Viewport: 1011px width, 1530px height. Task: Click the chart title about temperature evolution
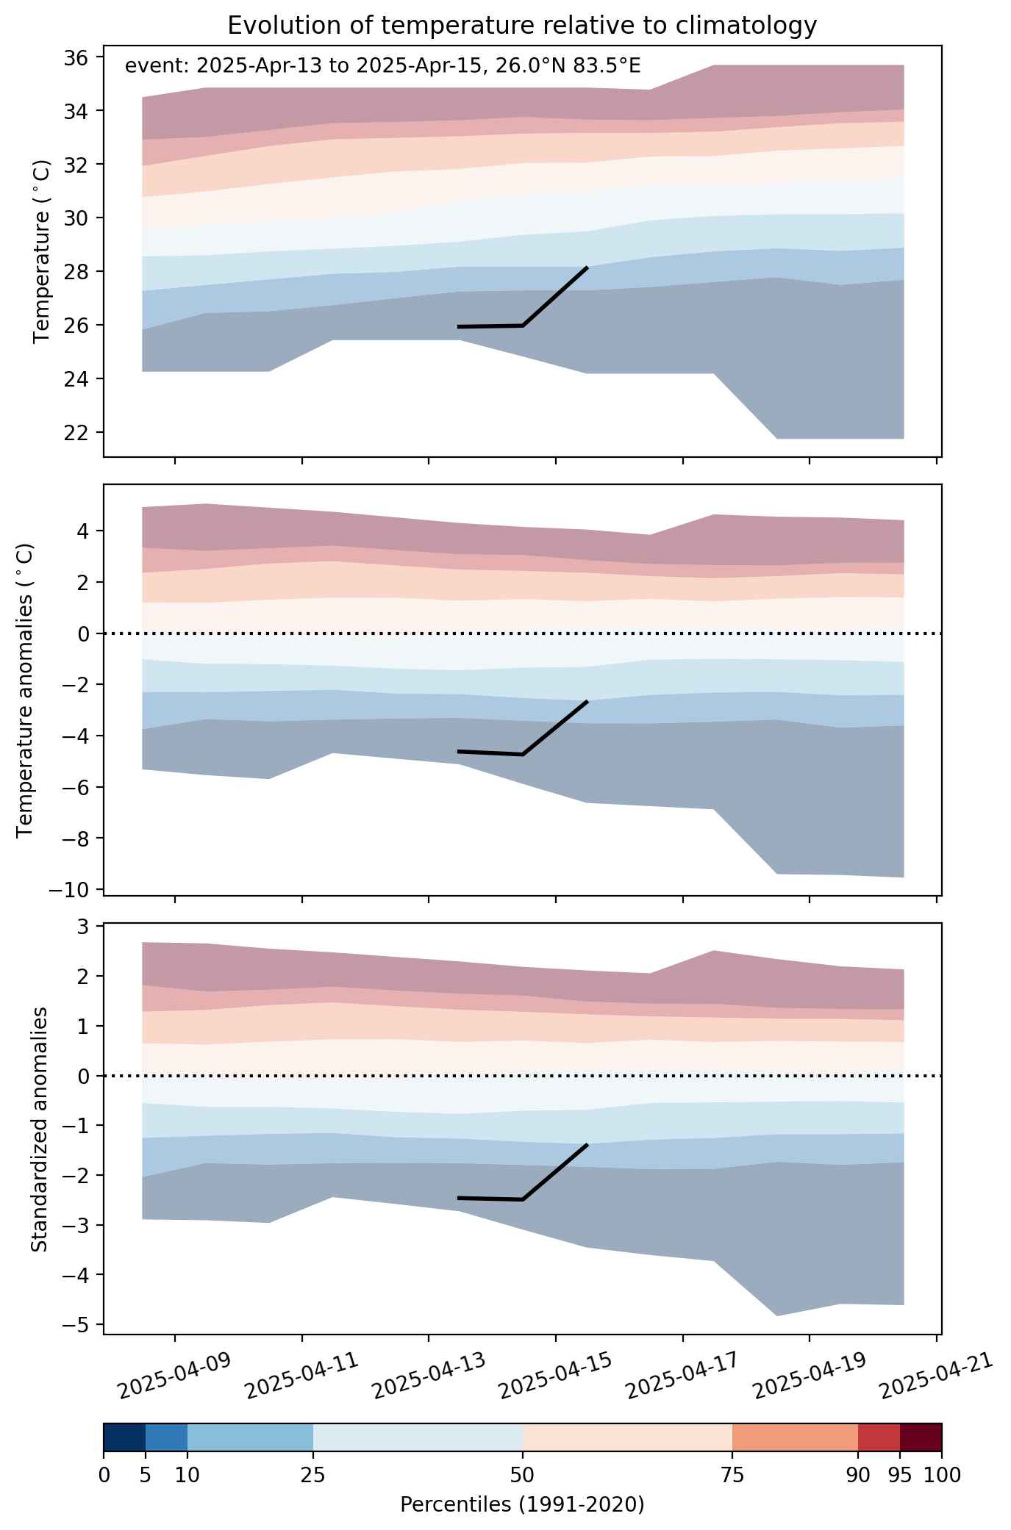[522, 26]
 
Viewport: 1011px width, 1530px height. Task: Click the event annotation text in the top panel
[382, 66]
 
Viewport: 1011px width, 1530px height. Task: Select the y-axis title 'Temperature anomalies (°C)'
[25, 690]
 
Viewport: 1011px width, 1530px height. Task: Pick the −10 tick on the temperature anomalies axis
[68, 890]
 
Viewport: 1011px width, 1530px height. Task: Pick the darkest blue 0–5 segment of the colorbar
[124, 1438]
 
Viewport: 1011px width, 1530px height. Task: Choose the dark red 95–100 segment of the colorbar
[921, 1438]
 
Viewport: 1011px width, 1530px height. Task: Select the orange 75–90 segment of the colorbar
[796, 1438]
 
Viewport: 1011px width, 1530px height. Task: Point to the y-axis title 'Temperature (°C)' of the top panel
[43, 251]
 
